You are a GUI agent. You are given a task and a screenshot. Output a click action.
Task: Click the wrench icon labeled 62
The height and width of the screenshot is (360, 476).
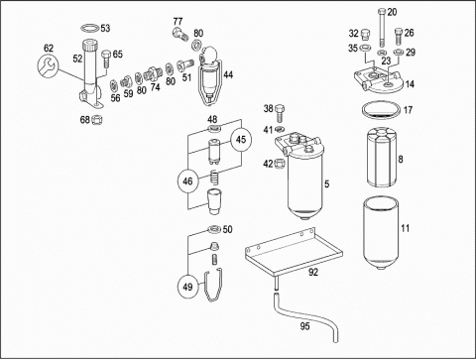pyautogui.click(x=48, y=67)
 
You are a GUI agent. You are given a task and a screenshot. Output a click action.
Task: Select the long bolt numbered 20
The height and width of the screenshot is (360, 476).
pyautogui.click(x=382, y=28)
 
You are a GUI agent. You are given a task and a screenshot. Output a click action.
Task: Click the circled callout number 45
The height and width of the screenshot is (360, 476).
pyautogui.click(x=241, y=140)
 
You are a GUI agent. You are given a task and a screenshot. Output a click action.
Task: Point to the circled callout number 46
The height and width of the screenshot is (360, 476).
pyautogui.click(x=187, y=181)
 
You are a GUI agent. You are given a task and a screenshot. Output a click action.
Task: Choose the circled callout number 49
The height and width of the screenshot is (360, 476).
pyautogui.click(x=187, y=287)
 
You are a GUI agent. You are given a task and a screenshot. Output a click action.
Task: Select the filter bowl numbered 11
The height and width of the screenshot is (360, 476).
pyautogui.click(x=382, y=233)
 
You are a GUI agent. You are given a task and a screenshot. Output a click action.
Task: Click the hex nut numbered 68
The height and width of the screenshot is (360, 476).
pyautogui.click(x=97, y=119)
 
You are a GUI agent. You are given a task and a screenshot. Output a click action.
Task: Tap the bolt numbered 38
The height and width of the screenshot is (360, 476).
pyautogui.click(x=280, y=113)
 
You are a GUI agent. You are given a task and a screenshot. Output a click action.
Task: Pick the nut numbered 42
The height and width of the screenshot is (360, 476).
pyautogui.click(x=280, y=164)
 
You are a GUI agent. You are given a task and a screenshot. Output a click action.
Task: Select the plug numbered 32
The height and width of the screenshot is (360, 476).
pyautogui.click(x=365, y=35)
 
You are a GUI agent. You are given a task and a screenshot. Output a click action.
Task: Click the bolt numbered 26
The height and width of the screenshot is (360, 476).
pyautogui.click(x=399, y=37)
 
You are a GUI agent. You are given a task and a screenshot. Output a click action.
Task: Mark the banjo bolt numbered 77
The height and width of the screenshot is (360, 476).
pyautogui.click(x=179, y=34)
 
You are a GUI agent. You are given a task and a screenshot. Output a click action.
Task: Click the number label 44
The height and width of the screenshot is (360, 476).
pyautogui.click(x=228, y=74)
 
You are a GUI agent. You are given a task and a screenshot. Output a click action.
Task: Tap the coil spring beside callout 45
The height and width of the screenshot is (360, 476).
pyautogui.click(x=215, y=178)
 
